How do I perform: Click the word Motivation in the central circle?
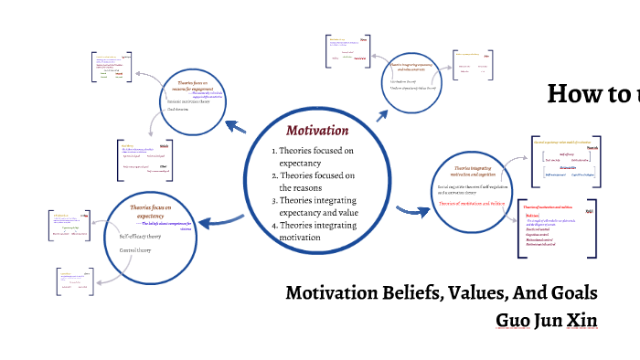[x=317, y=130]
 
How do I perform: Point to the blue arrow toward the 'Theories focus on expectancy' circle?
[x=220, y=220]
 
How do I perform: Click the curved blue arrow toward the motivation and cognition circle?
[x=412, y=212]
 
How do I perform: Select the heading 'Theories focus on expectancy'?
[x=152, y=212]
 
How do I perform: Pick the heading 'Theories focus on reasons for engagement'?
[x=198, y=86]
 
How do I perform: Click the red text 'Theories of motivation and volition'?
[x=471, y=203]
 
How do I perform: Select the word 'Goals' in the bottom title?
[x=573, y=293]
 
